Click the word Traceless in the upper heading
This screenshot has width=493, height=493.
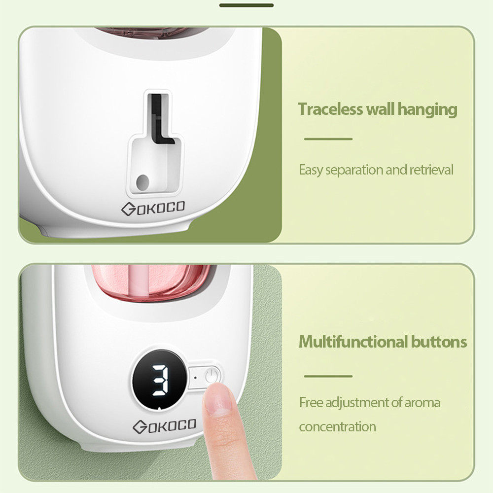[x=330, y=109]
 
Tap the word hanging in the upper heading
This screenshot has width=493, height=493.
[x=427, y=110]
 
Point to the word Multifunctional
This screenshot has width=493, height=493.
[x=352, y=342]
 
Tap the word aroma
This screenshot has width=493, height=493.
[x=422, y=403]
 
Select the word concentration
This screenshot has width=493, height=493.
[x=337, y=427]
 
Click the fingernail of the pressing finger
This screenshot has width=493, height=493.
[x=217, y=399]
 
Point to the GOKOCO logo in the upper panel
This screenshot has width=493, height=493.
[x=153, y=208]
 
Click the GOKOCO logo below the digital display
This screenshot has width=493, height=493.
[x=165, y=426]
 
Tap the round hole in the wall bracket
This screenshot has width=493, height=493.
[x=142, y=182]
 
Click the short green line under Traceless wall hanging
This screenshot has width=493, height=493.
[x=328, y=139]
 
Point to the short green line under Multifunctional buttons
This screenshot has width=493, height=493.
[x=328, y=376]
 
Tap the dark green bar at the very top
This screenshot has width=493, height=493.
[x=246, y=5]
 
